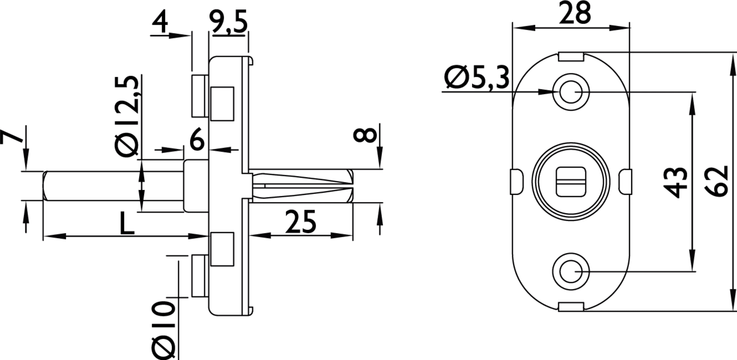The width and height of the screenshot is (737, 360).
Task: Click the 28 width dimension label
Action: tap(575, 13)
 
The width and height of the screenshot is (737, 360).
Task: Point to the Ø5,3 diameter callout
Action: tap(476, 77)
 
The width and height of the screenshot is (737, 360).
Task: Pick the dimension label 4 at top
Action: tap(160, 22)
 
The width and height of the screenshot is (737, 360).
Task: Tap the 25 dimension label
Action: tap(300, 221)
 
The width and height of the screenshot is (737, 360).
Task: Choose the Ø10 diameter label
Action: tap(163, 329)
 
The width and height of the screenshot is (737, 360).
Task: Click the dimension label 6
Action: tap(197, 139)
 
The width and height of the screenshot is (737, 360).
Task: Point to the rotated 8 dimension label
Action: tap(365, 135)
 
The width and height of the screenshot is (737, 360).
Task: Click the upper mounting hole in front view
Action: tap(571, 92)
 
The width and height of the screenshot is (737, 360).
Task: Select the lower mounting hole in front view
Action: tap(571, 271)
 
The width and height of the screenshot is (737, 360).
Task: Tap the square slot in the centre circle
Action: tap(571, 182)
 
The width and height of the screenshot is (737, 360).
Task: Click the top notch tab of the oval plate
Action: tap(571, 57)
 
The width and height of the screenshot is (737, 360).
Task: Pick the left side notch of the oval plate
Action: tap(516, 181)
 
